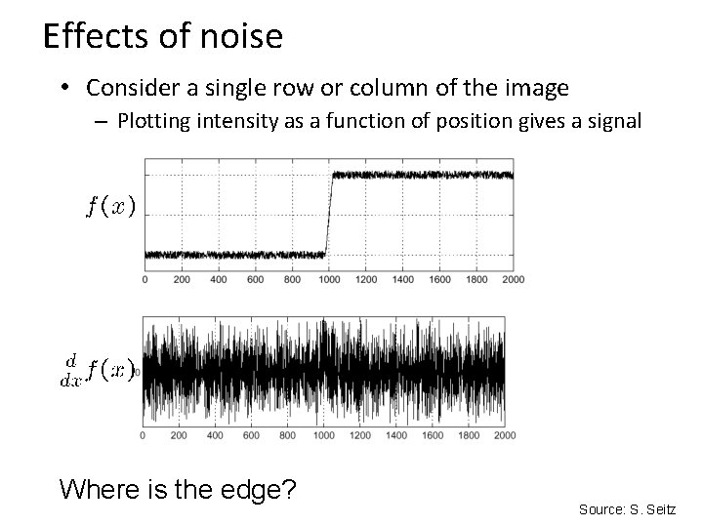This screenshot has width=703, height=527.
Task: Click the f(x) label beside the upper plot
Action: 110,206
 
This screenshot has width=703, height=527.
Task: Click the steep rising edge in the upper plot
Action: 329,215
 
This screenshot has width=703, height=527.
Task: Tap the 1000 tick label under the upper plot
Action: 329,280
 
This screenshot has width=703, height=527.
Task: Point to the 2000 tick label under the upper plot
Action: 513,280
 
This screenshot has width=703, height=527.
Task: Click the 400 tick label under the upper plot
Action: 219,280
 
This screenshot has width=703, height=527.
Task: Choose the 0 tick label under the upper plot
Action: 145,280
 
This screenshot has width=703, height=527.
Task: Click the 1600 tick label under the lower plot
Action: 431,435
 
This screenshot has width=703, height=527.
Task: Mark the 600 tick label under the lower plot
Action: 250,435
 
